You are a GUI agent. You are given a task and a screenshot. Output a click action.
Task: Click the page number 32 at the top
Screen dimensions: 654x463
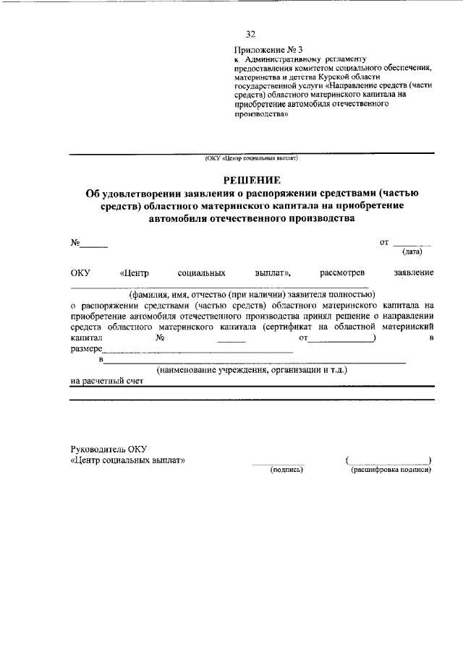(x=251, y=34)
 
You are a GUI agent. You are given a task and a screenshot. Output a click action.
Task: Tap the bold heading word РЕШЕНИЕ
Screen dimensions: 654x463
(x=252, y=179)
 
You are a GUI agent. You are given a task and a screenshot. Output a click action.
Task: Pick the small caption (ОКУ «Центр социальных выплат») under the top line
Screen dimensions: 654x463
(x=251, y=157)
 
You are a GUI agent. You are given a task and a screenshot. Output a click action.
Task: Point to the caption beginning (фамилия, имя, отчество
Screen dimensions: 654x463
(x=252, y=294)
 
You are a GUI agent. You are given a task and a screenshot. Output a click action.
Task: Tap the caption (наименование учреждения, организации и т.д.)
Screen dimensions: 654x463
(x=252, y=370)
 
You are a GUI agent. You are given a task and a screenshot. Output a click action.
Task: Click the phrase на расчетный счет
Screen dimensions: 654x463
(x=102, y=382)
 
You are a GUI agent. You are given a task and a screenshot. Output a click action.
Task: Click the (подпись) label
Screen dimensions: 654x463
(x=286, y=469)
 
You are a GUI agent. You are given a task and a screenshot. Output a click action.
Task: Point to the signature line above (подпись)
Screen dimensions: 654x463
(x=279, y=462)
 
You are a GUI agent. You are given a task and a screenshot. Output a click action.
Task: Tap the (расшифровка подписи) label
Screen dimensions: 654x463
(x=391, y=469)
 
